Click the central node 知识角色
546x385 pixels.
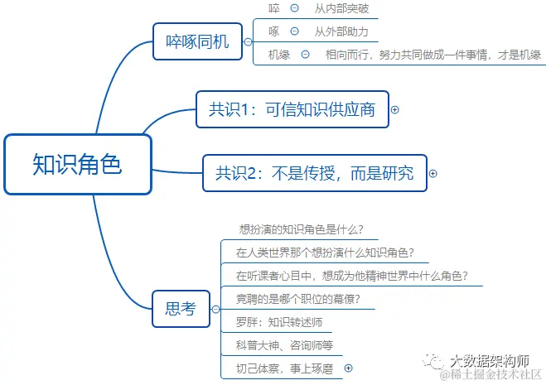[78, 164]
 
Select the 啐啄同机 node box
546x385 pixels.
[196, 40]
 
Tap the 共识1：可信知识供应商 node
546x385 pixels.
[292, 109]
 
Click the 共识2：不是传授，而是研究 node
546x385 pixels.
[314, 173]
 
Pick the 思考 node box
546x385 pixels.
[181, 309]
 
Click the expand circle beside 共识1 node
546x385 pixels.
[395, 109]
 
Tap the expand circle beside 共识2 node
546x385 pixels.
[432, 174]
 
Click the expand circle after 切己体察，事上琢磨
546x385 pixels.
[348, 368]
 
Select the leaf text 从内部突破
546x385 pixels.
[341, 9]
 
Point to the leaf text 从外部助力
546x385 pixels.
[341, 32]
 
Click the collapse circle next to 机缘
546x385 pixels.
[305, 55]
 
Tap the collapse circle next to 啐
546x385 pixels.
[294, 9]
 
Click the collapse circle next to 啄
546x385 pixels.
[294, 32]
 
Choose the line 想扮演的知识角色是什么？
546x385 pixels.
[302, 229]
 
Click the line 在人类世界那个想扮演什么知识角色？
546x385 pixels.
[325, 253]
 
